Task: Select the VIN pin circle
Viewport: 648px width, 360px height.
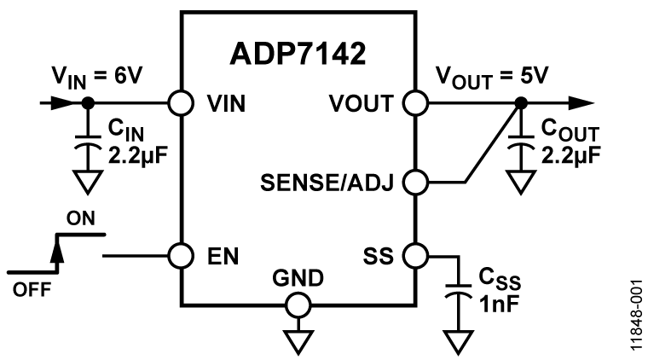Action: click(x=180, y=103)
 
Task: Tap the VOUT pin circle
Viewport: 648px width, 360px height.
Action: click(x=415, y=103)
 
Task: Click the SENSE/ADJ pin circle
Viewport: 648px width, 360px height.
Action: click(x=415, y=182)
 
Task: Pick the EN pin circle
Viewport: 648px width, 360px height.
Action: click(x=180, y=254)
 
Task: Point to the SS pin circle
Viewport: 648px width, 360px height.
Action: click(x=415, y=254)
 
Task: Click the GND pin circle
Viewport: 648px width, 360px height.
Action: click(x=298, y=305)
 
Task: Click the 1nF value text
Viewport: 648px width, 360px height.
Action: click(x=498, y=303)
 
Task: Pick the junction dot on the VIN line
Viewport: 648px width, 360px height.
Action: click(x=86, y=103)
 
